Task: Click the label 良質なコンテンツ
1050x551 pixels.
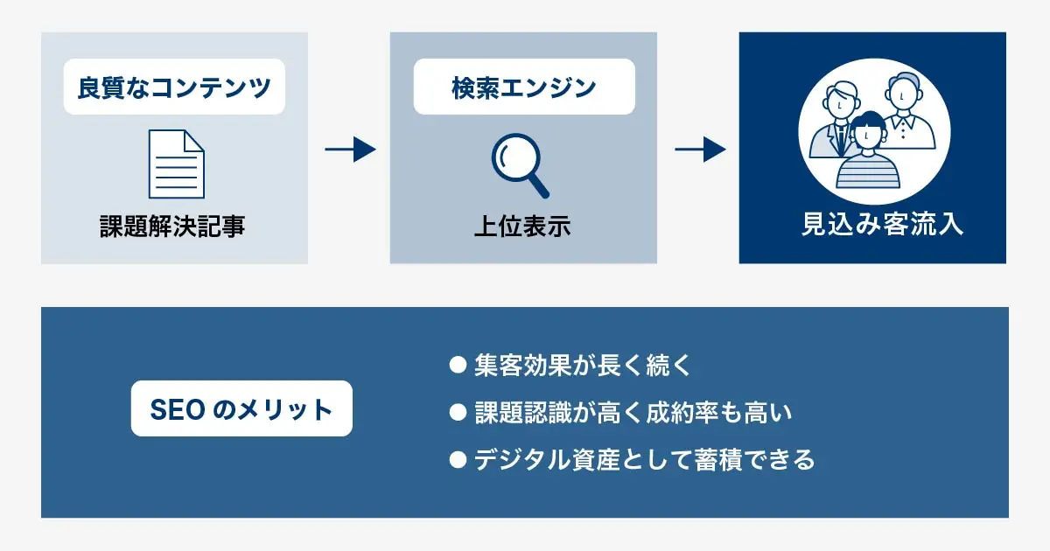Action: coord(174,87)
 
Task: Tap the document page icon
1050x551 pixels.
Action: coord(175,164)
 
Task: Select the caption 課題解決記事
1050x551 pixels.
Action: coord(172,227)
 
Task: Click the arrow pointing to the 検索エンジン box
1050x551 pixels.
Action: coord(350,150)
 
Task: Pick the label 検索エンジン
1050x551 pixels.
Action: coord(523,87)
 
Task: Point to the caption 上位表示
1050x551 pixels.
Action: coord(522,227)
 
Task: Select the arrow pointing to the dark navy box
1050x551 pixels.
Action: coord(700,150)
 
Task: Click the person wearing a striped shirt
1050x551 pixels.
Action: coord(866,156)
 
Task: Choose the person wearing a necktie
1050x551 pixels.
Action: coord(838,122)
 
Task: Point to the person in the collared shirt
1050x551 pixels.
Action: coord(906,114)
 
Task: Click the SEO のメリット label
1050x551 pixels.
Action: coord(241,408)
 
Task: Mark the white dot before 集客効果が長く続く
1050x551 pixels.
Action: coord(456,365)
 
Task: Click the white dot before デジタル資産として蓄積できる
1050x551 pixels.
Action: coord(456,459)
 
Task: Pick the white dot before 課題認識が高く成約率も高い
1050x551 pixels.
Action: coord(456,412)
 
